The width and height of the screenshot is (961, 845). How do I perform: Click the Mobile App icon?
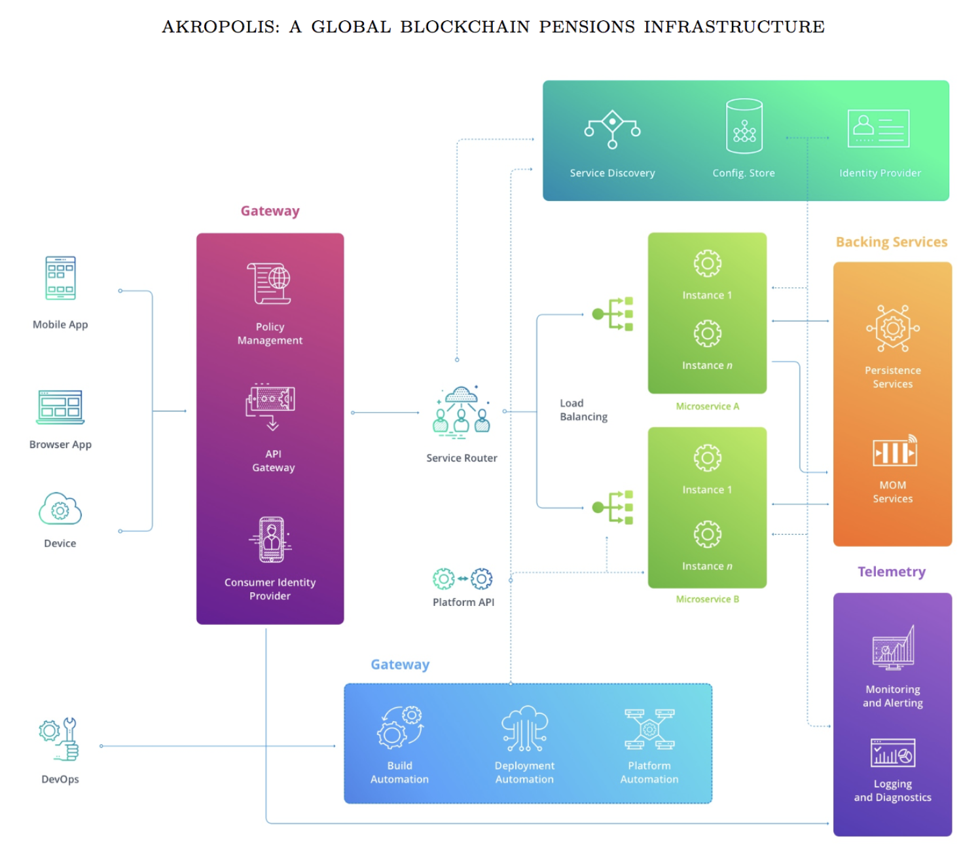click(x=60, y=278)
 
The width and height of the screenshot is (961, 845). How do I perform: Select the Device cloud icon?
click(x=60, y=509)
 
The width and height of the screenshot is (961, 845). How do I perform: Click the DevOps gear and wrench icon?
click(x=60, y=739)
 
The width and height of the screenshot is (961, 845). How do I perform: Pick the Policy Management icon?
click(x=269, y=284)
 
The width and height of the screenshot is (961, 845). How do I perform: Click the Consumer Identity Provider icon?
click(x=270, y=540)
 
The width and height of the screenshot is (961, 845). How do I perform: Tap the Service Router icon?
click(x=462, y=410)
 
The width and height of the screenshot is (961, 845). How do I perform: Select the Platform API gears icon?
click(x=463, y=578)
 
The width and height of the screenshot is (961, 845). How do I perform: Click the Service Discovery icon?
click(x=612, y=128)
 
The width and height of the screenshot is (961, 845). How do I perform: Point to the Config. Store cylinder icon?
click(x=744, y=126)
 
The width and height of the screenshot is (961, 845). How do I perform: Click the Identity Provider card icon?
click(x=879, y=128)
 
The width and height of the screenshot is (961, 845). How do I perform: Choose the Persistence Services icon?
click(x=892, y=328)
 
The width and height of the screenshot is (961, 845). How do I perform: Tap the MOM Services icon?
click(x=894, y=451)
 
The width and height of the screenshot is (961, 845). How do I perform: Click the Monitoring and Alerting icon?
click(x=893, y=648)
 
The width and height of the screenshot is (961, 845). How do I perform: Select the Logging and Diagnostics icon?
click(x=892, y=753)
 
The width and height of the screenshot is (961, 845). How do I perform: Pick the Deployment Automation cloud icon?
click(x=524, y=728)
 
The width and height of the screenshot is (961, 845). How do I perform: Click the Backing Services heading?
click(x=891, y=242)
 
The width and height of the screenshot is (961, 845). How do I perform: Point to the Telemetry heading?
click(x=891, y=572)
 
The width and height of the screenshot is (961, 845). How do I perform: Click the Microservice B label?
click(x=707, y=599)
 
